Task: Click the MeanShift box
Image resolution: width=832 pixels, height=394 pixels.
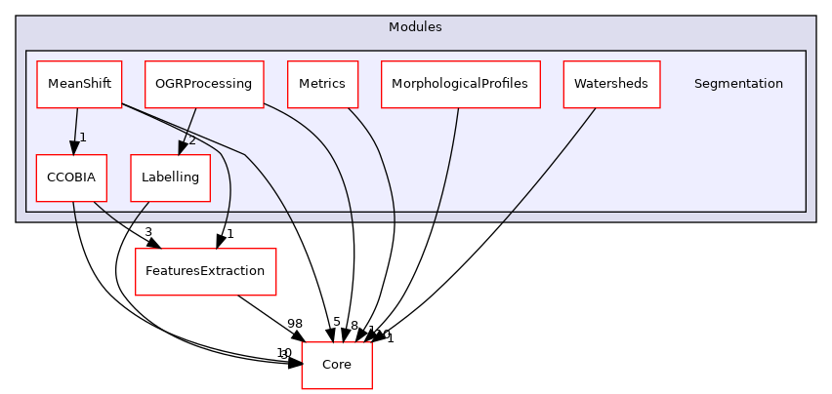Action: click(x=78, y=84)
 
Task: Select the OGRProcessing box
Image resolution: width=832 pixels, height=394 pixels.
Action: click(x=204, y=84)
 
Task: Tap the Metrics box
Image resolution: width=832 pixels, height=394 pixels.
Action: click(x=322, y=84)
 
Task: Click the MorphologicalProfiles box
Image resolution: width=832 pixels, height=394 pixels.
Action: click(x=460, y=84)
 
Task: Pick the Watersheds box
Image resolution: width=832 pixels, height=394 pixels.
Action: click(x=611, y=84)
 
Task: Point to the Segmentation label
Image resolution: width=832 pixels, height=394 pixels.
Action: click(x=737, y=84)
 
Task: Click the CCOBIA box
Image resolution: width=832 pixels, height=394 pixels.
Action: click(x=70, y=177)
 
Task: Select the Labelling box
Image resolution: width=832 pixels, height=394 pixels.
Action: click(x=170, y=177)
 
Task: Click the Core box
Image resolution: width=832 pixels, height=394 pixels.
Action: click(x=337, y=365)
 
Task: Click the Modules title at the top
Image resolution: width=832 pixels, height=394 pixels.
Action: click(x=415, y=27)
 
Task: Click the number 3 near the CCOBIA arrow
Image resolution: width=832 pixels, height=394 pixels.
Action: click(x=147, y=232)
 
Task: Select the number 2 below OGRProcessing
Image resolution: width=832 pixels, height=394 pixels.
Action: click(x=191, y=139)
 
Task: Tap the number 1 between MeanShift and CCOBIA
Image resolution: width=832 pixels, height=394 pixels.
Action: click(x=83, y=138)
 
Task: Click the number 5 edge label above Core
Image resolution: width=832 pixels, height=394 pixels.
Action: click(x=336, y=322)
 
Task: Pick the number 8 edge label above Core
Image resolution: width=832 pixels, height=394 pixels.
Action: click(x=354, y=326)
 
